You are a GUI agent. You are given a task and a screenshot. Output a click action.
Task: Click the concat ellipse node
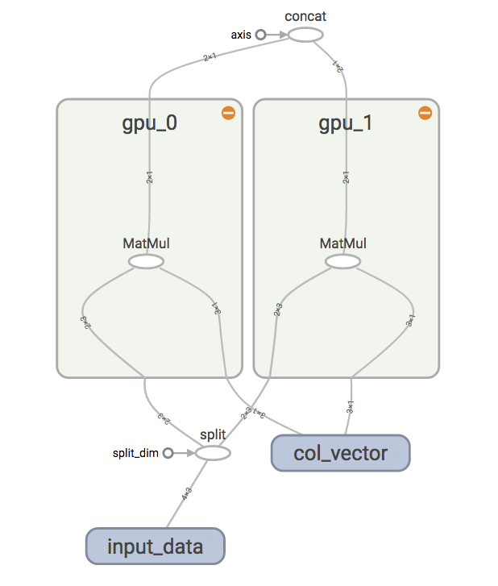[305, 35]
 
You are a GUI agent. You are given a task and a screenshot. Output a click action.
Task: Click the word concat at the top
[305, 16]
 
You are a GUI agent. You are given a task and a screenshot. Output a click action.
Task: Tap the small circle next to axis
[260, 35]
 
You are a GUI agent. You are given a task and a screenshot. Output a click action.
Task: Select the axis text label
[241, 35]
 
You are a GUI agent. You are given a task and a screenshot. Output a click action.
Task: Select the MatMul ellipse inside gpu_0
[146, 261]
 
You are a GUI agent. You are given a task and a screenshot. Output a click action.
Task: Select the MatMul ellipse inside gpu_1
[342, 261]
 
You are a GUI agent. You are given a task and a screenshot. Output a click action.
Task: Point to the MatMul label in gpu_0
[147, 243]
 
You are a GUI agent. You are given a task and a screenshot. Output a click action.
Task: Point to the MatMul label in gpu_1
[343, 243]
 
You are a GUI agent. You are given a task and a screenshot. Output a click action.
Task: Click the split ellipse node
[214, 453]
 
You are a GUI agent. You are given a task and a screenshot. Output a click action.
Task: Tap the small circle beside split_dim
[168, 453]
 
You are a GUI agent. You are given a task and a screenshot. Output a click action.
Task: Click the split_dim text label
[136, 453]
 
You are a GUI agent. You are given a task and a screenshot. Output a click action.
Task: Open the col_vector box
[340, 453]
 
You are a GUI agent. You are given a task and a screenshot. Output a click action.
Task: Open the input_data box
[155, 547]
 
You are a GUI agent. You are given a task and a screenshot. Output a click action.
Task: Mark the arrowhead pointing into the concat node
[284, 35]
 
